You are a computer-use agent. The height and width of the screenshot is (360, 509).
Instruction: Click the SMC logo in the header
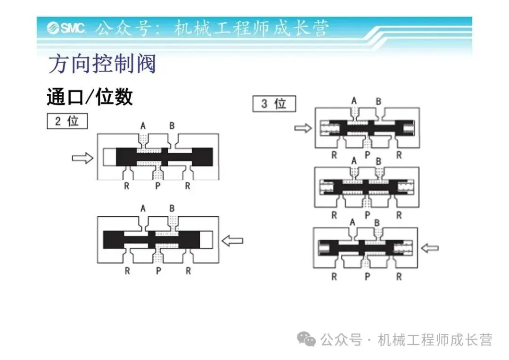tap(66, 27)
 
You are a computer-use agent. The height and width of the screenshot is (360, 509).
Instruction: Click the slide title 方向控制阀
tap(102, 64)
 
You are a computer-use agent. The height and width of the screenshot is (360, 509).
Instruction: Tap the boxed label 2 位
tap(67, 121)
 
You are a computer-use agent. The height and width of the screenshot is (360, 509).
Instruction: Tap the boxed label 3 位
tap(274, 104)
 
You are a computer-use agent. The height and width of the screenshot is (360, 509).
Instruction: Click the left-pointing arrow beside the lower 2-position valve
tap(232, 240)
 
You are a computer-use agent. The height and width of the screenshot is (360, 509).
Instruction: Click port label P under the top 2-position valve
tap(158, 186)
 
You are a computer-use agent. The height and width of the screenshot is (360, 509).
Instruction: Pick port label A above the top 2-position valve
tap(143, 125)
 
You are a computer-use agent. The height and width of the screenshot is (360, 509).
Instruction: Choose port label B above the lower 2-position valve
tap(172, 208)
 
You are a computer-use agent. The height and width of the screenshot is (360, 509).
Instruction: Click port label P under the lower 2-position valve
tap(158, 271)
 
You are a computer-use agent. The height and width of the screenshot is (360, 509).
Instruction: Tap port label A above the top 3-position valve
tap(354, 100)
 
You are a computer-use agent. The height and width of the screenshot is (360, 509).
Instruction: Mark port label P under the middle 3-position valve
tap(366, 215)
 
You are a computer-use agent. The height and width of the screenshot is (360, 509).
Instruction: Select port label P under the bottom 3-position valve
tap(366, 277)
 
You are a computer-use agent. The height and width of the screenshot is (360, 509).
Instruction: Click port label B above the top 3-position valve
tap(378, 101)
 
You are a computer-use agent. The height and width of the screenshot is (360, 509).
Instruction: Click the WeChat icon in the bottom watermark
tap(308, 338)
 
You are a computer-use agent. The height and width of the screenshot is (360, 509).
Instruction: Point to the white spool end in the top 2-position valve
tap(109, 157)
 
